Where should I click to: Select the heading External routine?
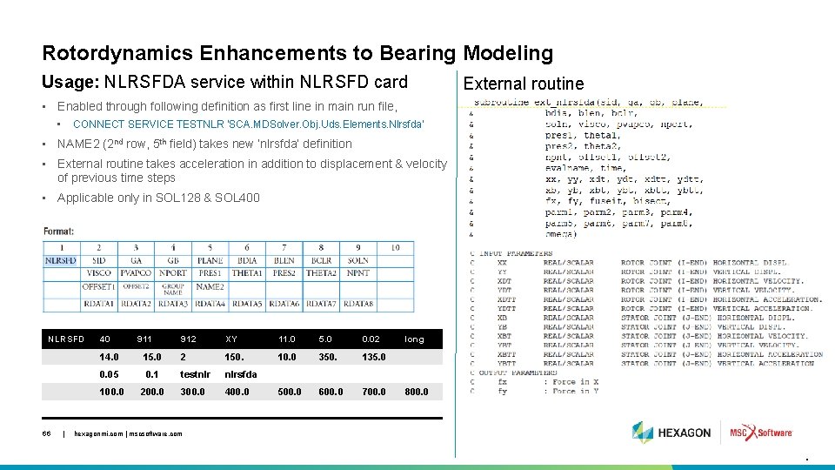(x=523, y=84)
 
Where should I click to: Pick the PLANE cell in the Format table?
(x=210, y=260)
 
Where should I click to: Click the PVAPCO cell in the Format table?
(x=136, y=273)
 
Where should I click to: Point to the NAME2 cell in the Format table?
(x=210, y=286)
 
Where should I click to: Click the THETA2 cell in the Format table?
(x=321, y=273)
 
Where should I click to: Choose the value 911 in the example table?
(x=144, y=339)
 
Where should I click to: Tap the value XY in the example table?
(x=231, y=339)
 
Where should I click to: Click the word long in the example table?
(x=414, y=339)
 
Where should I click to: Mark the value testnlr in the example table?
(x=195, y=374)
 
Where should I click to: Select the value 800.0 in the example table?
(x=417, y=392)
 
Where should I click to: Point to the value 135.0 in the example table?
(x=374, y=357)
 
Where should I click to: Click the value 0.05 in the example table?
(x=110, y=374)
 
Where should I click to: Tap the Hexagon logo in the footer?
(x=671, y=433)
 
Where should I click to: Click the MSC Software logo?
(x=760, y=433)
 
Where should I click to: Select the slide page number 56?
(x=49, y=433)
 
